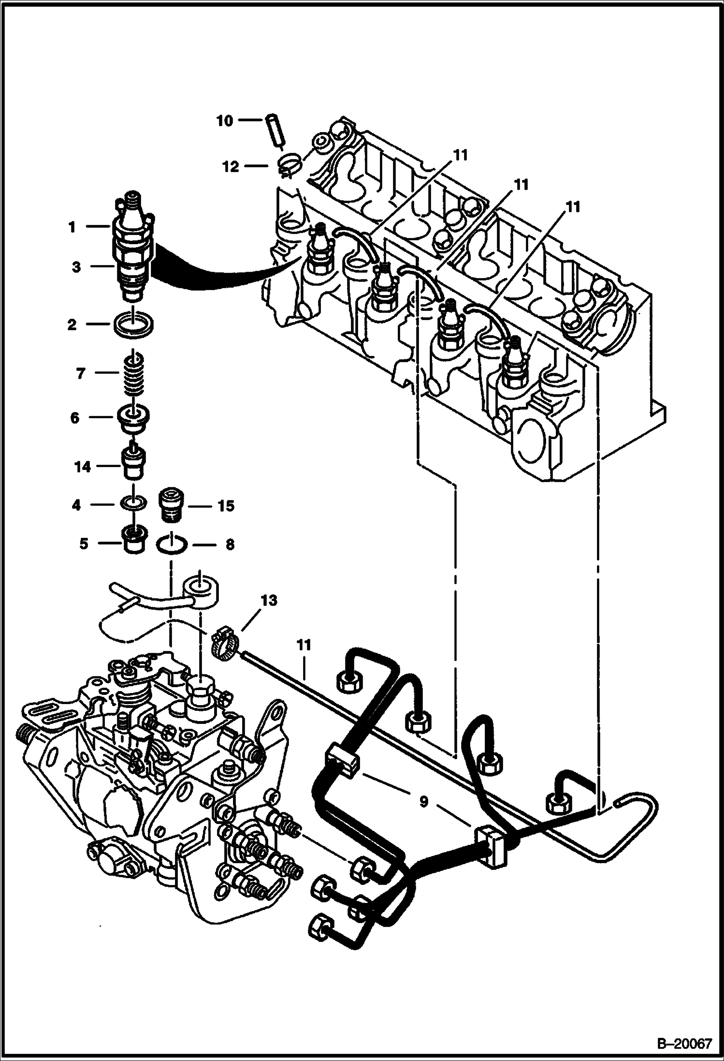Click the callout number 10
(x=225, y=120)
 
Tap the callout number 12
(x=231, y=167)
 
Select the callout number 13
(x=270, y=601)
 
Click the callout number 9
(x=423, y=802)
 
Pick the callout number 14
(x=83, y=467)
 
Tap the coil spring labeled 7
(x=132, y=373)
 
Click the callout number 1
(x=72, y=226)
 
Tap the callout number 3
(x=76, y=267)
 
